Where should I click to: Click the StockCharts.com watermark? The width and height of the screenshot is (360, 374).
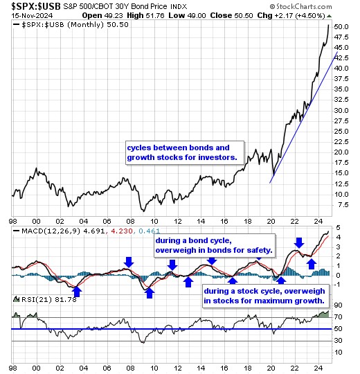[300, 6]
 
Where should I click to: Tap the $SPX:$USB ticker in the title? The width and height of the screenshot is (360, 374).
[36, 6]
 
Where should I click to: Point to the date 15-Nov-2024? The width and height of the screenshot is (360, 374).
[32, 16]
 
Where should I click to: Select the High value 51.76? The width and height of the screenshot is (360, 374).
[154, 16]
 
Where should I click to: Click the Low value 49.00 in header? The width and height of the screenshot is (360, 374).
[196, 16]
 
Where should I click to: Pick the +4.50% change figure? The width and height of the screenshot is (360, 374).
[310, 16]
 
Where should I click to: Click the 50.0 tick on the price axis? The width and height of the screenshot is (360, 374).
[341, 27]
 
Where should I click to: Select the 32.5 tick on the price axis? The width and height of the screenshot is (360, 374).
[341, 100]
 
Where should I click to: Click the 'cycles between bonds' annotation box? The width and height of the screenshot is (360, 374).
[185, 152]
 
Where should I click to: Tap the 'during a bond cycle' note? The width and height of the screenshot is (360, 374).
[215, 245]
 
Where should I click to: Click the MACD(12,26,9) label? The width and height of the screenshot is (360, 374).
[51, 231]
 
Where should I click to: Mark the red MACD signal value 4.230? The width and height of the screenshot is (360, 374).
[122, 231]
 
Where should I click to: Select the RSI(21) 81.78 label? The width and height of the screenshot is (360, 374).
[49, 299]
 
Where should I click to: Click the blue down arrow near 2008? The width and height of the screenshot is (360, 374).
[129, 262]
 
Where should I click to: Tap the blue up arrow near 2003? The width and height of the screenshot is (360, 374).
[77, 292]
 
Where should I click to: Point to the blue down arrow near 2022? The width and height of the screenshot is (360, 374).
[299, 242]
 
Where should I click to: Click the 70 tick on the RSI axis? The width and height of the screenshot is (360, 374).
[339, 317]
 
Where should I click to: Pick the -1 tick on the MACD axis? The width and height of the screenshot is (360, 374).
[337, 285]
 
